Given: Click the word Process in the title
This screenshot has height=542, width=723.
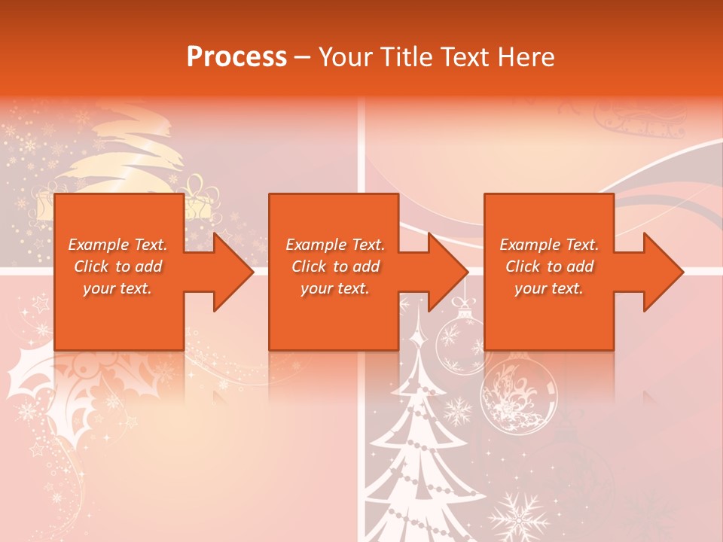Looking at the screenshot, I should (x=236, y=56).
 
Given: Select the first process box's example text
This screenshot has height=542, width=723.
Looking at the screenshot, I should (x=117, y=266).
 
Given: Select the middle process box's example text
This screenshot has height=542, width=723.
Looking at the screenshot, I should (x=335, y=266).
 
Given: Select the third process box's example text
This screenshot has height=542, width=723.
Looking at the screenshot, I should (x=549, y=266).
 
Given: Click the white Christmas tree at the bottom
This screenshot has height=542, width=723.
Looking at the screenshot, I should (x=422, y=459).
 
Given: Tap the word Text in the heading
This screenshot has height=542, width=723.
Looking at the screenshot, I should (x=466, y=56).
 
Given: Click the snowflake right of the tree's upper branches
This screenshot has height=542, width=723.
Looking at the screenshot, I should (x=457, y=410).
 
